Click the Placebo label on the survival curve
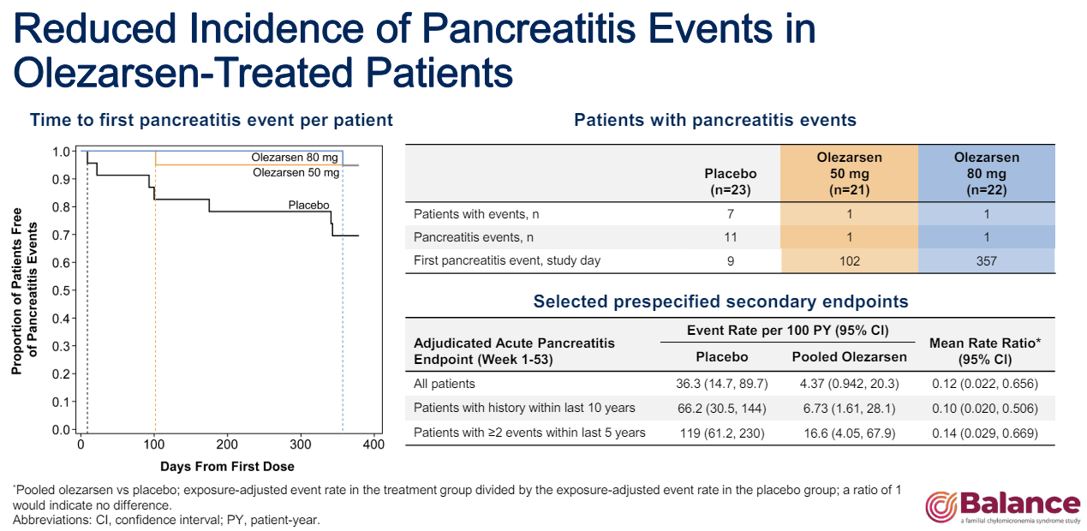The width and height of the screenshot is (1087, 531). coord(308,206)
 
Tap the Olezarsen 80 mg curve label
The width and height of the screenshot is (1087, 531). coord(296,158)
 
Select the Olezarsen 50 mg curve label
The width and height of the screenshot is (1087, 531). coord(296,172)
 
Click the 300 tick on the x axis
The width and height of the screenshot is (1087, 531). coord(301,445)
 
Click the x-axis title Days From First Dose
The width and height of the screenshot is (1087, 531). coord(227,467)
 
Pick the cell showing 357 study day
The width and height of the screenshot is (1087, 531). coord(986,260)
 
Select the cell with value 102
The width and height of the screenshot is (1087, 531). coord(849,260)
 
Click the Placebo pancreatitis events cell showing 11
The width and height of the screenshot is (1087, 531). coord(730,237)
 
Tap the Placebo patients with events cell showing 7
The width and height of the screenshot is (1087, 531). coord(730,213)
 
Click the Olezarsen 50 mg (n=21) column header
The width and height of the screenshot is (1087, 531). coord(849,173)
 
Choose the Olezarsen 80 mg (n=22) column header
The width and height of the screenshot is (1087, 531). coord(986,173)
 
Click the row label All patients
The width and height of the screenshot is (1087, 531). coord(444,384)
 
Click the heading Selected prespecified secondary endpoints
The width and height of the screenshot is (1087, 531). coord(720,301)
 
